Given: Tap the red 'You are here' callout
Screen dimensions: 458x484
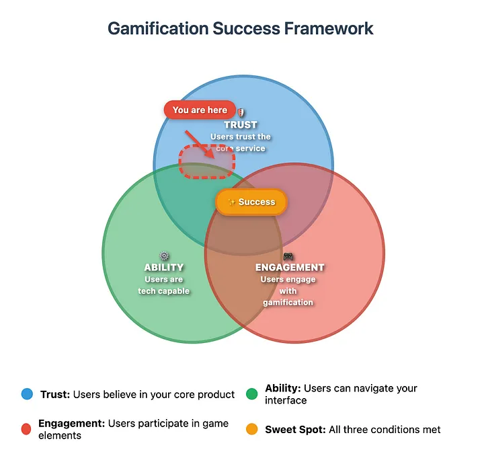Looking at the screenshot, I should point(200,110).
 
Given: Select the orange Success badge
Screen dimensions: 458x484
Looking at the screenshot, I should point(251,202).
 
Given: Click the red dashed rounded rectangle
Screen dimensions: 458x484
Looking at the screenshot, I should point(206,162).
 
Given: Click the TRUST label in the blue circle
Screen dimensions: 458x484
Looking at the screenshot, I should point(241,125).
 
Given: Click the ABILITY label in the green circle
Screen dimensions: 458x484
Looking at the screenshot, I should point(164,268).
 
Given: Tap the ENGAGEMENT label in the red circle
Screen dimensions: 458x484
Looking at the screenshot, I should point(289,268).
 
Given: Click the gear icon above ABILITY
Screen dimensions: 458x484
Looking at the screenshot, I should point(164,256).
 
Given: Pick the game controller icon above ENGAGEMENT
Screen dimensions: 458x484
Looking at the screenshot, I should point(288,256).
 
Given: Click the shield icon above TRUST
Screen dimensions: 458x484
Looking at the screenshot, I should point(241,114).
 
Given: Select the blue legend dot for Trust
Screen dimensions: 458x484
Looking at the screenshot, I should point(27,395).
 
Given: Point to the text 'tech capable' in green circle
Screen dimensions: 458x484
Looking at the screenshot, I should point(164,291).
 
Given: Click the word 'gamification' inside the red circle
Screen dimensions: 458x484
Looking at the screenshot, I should point(288,303).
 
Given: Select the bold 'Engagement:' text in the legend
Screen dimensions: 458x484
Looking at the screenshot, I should point(71,424).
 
